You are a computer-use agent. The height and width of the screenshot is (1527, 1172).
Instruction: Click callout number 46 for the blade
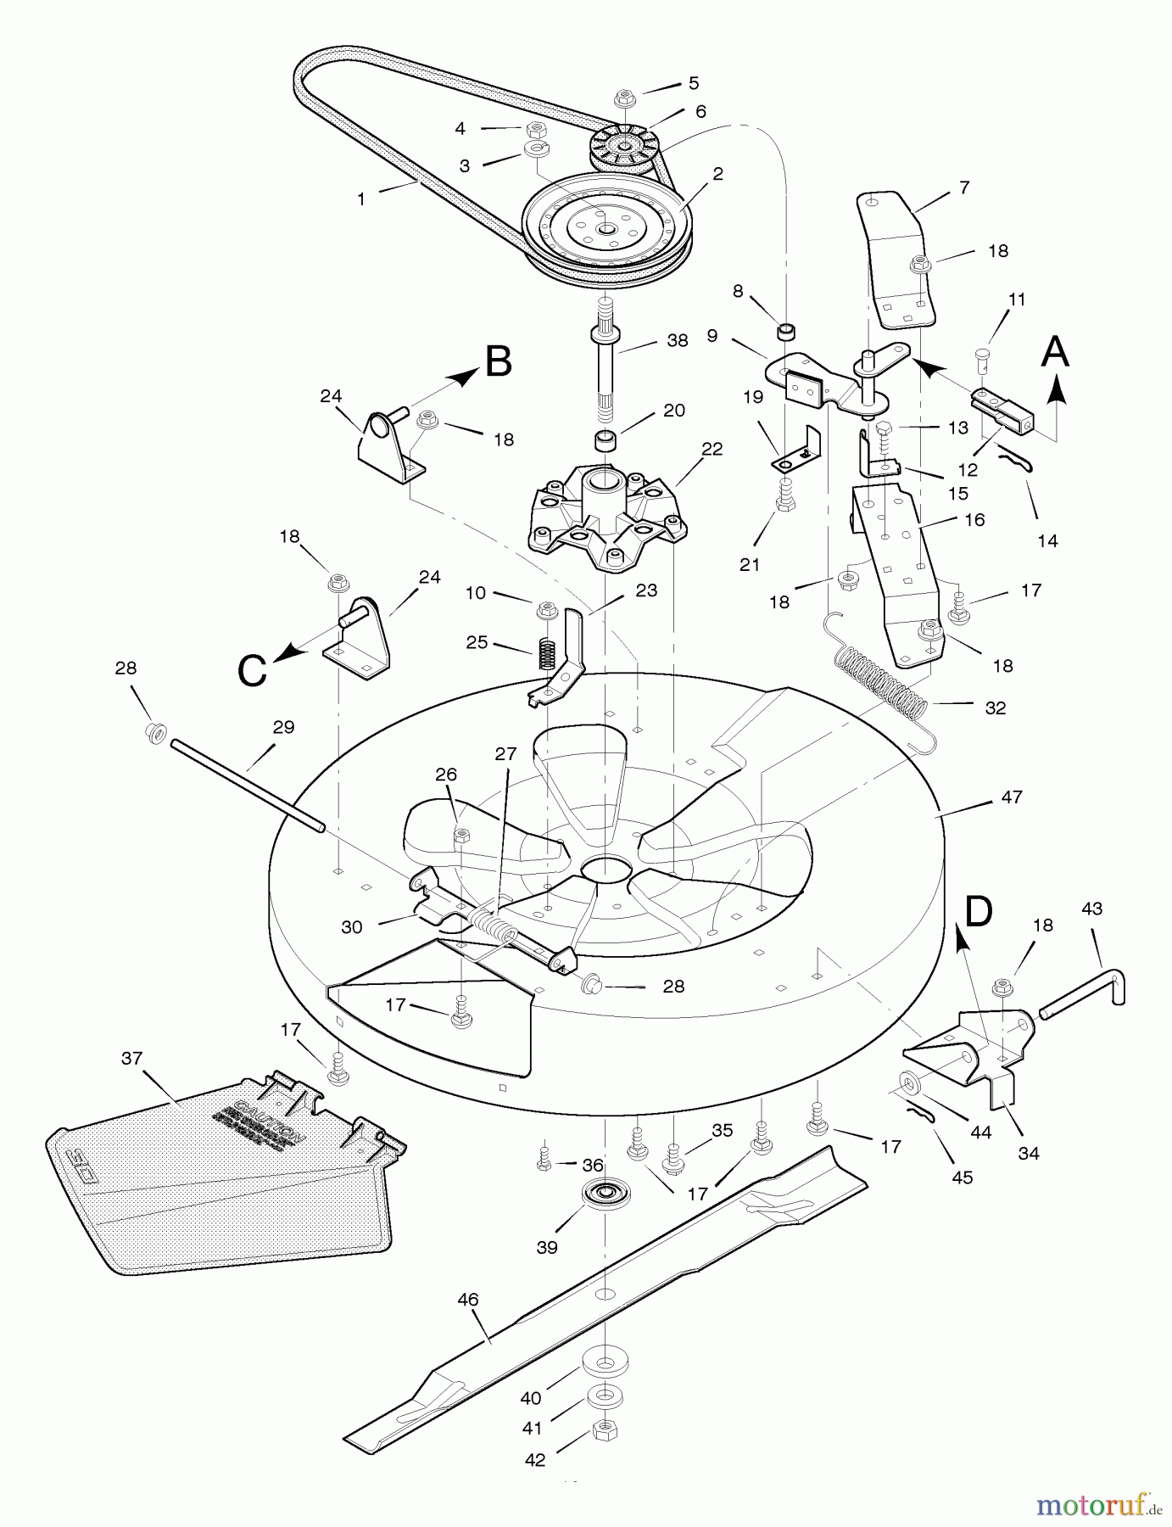pos(467,1299)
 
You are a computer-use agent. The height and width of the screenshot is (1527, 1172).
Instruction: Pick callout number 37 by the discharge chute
pos(131,1058)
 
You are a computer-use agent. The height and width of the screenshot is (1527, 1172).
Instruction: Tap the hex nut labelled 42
pos(605,1430)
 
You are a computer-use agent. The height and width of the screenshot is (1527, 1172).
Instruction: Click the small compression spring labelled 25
pos(548,654)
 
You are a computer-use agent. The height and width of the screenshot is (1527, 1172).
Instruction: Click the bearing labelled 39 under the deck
pos(605,1193)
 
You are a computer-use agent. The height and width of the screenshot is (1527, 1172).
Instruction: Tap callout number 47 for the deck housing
pos(1011,797)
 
